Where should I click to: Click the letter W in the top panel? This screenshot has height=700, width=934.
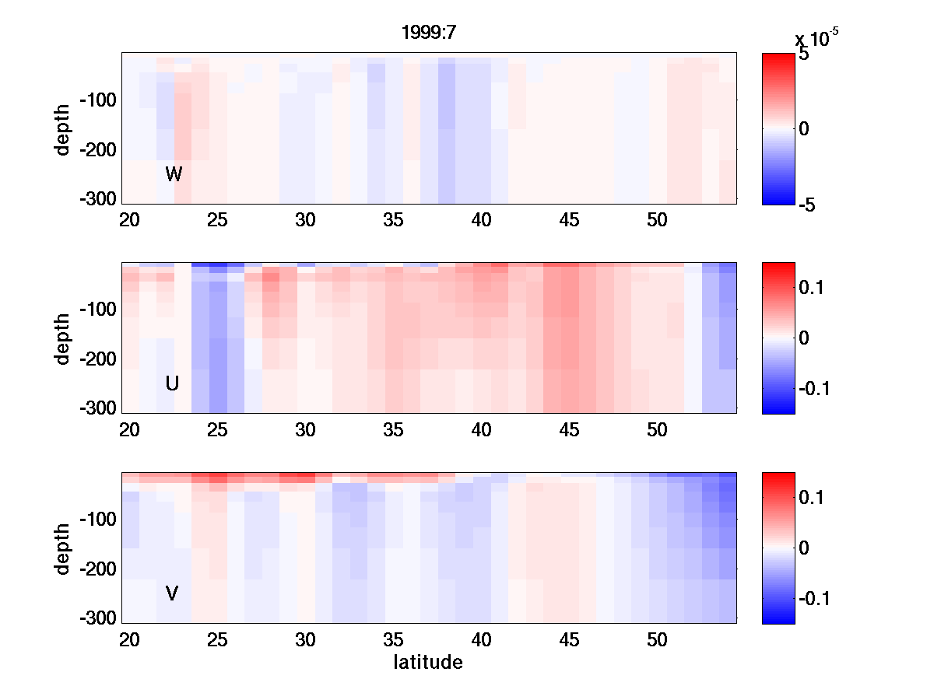click(174, 174)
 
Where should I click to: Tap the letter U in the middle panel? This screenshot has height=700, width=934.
click(173, 383)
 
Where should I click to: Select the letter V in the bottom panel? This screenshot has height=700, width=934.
click(172, 593)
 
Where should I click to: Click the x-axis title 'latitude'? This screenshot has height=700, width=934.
click(428, 663)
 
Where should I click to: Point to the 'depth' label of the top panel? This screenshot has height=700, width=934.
click(63, 128)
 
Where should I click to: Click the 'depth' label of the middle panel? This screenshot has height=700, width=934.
click(63, 338)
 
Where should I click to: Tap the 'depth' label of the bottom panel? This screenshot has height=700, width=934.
click(63, 548)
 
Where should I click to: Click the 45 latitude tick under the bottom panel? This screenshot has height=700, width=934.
click(569, 641)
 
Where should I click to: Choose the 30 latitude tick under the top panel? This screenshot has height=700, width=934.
click(305, 221)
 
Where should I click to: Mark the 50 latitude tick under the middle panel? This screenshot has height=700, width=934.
click(657, 431)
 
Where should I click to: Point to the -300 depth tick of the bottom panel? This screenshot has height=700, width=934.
click(97, 618)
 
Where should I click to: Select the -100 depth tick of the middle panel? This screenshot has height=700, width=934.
click(97, 310)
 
